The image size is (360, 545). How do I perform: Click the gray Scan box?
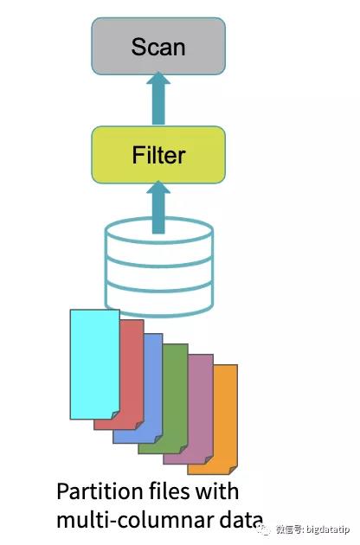coord(158,46)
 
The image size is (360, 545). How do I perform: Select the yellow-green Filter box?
coord(158,155)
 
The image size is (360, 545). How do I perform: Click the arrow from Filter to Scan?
coord(158,98)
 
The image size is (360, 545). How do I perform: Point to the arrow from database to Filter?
coord(158,207)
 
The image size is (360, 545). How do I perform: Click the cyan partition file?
coord(95,364)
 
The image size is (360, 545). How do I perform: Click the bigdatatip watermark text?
coord(313,529)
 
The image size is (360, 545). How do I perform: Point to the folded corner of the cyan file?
coord(115,415)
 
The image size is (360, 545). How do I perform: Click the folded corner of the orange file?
coord(233,470)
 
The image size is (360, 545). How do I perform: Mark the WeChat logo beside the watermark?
coord(264,529)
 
